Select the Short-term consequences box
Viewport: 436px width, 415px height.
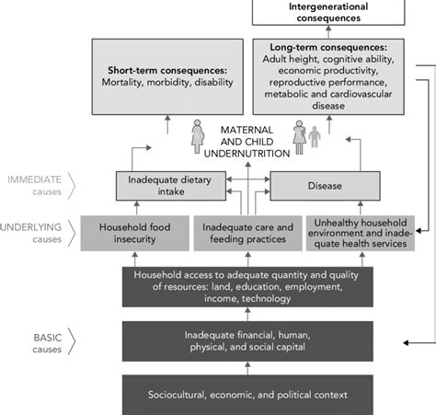tap(167, 79)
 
